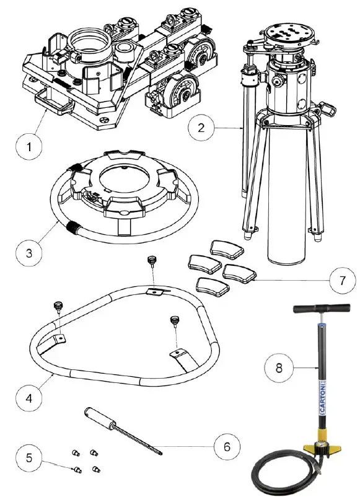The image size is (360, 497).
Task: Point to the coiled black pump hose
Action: pos(273,477)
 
